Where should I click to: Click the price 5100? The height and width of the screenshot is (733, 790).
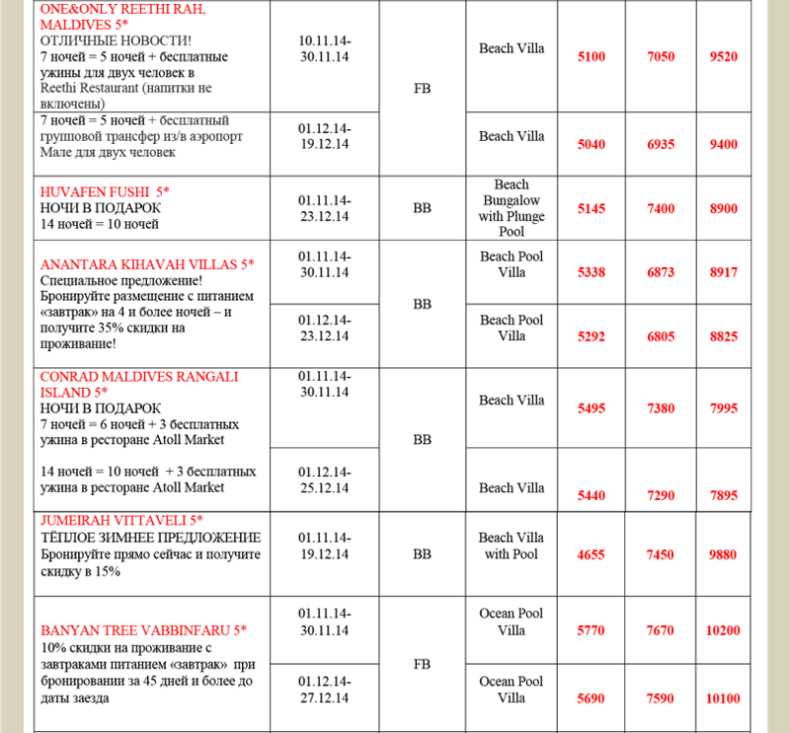591,57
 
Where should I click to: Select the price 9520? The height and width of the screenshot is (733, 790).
724,57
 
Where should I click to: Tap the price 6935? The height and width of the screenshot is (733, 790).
661,145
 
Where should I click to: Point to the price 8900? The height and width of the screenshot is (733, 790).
724,209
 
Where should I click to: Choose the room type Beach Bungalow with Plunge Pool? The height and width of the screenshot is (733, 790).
512,208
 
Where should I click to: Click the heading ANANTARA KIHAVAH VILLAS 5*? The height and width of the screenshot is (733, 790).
147,264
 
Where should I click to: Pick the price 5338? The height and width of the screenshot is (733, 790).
591,272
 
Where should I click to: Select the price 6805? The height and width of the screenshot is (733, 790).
661,335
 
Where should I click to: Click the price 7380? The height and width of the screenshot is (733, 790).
661,408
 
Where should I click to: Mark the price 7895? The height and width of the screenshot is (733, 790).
724,496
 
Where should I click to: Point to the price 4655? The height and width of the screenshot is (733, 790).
591,555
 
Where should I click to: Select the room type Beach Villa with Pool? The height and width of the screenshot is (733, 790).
512,546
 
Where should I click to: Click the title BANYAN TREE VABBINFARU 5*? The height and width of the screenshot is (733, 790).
143,629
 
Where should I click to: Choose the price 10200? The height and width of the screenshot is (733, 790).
724,630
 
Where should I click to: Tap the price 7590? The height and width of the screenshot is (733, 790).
661,698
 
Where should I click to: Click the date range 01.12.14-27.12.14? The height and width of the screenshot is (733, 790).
324,690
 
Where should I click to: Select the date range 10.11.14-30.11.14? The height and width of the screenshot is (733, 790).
324,48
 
